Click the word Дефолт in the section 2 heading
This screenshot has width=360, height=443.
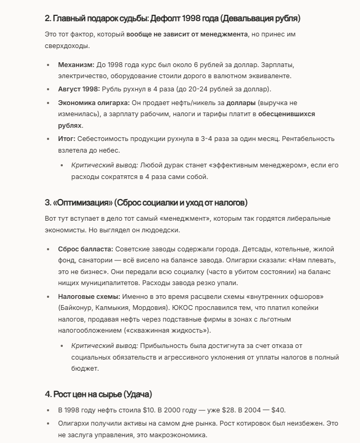click(165, 18)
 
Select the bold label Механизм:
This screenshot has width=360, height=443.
click(76, 64)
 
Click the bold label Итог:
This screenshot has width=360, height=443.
click(67, 138)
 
